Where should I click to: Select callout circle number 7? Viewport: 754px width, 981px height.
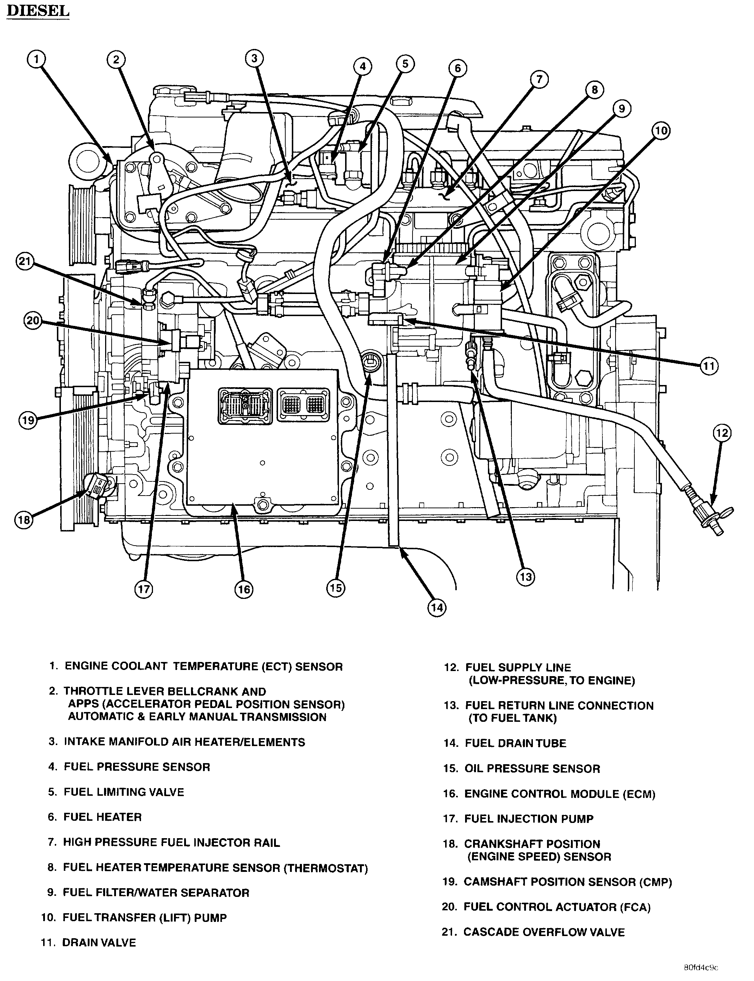tap(539, 79)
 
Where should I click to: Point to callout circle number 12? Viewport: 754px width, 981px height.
tap(722, 433)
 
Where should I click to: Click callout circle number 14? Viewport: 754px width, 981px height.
tap(437, 608)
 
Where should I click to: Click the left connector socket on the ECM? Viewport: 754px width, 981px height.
tap(245, 405)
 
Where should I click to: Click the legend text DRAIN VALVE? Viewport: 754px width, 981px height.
tap(99, 943)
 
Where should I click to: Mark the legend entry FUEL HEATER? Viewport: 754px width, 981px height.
tap(102, 817)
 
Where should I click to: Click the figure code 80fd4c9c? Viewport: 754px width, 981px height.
tap(701, 968)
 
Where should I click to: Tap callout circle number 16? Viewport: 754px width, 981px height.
tap(244, 589)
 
